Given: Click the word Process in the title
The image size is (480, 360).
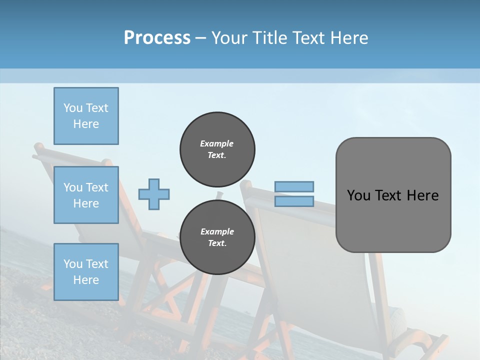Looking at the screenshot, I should tap(157, 37).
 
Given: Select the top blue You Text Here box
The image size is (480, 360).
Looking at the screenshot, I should tap(86, 116).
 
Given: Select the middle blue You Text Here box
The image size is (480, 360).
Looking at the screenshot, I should tap(86, 195).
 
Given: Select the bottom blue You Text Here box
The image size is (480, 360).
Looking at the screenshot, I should tap(86, 271).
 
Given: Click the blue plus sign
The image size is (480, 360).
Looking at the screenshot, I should tap(154, 194).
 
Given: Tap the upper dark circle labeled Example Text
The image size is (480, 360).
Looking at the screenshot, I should tap(217, 149).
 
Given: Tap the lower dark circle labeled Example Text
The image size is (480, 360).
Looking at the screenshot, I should tap(217, 237).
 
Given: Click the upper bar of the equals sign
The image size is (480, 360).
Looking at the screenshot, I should tap(294, 186).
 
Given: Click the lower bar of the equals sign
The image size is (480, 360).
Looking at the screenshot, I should tap(294, 201).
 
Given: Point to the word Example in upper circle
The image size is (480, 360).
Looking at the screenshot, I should tap(216, 143).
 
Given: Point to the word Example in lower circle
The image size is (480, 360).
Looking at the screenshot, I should tap(216, 231).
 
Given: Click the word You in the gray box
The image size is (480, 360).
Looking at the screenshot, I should tap(358, 195).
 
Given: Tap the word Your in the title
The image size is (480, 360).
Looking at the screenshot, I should tap(228, 37).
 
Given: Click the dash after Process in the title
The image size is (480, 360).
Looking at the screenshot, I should tap(200, 38).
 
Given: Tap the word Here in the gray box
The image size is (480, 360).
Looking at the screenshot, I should tap(422, 195).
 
